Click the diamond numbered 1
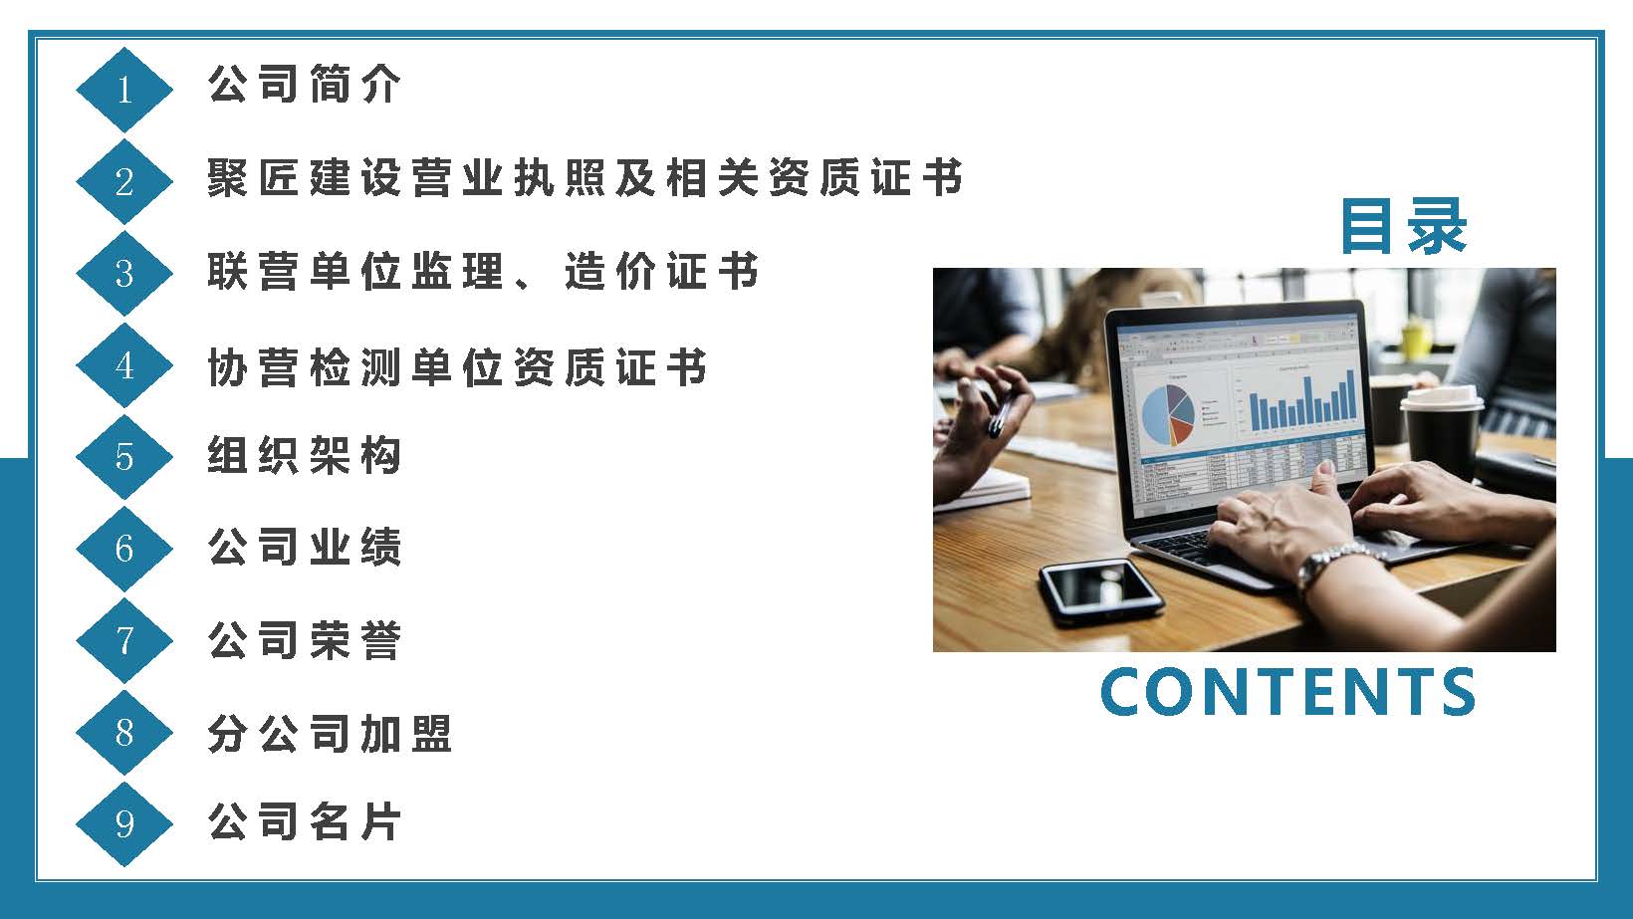tap(123, 89)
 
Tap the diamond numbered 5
tap(123, 457)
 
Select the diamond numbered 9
tap(123, 824)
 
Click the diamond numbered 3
tap(123, 273)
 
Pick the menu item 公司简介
tap(304, 84)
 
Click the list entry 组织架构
tap(304, 455)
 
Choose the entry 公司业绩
tap(304, 547)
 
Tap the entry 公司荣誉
tap(304, 640)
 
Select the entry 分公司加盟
tap(330, 733)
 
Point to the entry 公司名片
tap(304, 821)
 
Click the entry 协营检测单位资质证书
tap(457, 365)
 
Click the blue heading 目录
tap(1403, 226)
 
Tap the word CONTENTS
tap(1288, 691)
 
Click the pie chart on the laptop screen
tap(1167, 414)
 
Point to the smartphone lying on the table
tap(1101, 591)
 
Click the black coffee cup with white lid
tap(1441, 431)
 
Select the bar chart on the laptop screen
tap(1302, 400)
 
